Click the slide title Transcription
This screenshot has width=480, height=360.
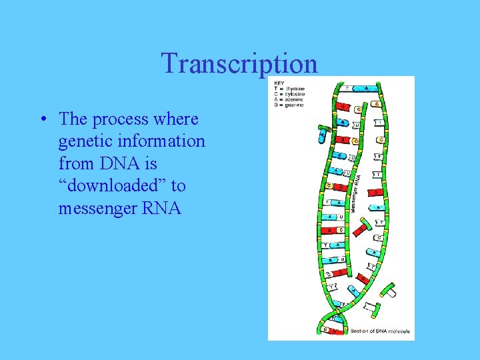(239, 63)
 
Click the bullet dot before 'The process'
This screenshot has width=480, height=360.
(42, 120)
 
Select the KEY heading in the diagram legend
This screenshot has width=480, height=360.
(278, 83)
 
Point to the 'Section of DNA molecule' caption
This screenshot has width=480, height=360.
(380, 331)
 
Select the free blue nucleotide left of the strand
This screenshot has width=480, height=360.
(323, 133)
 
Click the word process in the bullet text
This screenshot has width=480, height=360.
(120, 119)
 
